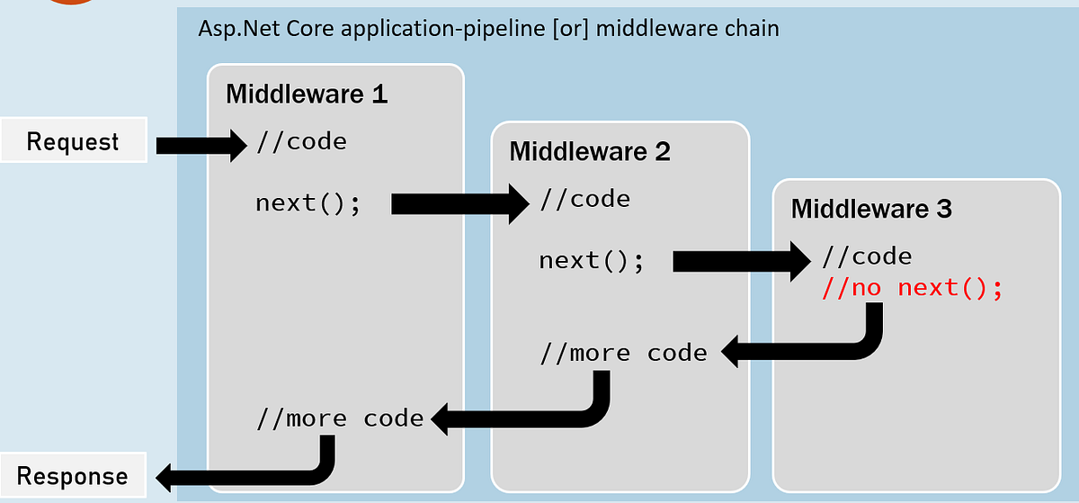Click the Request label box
[73, 142]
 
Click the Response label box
[73, 476]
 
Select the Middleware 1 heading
[306, 94]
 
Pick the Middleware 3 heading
[871, 209]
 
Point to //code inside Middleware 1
[301, 141]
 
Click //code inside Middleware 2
[585, 199]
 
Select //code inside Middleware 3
[867, 256]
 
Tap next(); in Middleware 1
[308, 202]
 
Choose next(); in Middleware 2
[592, 261]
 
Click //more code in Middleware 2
[623, 354]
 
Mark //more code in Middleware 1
[340, 418]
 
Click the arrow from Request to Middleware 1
[201, 144]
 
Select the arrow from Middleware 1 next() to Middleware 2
[459, 205]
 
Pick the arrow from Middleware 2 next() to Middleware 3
[741, 261]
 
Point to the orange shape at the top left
[67, 3]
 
